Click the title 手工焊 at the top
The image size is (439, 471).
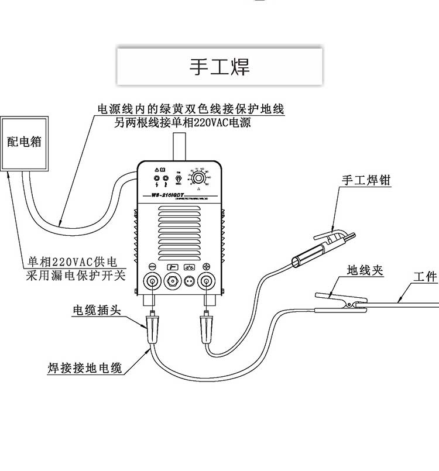click(220, 67)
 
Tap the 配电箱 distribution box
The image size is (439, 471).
click(23, 142)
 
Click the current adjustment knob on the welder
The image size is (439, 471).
click(198, 177)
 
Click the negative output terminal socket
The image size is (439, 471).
click(152, 281)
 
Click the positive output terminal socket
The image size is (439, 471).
click(207, 281)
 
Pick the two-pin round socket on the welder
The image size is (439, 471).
click(189, 281)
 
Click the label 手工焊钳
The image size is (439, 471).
click(366, 181)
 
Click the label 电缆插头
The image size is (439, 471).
click(97, 310)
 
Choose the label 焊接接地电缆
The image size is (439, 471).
click(84, 368)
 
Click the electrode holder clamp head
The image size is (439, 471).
click(334, 237)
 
